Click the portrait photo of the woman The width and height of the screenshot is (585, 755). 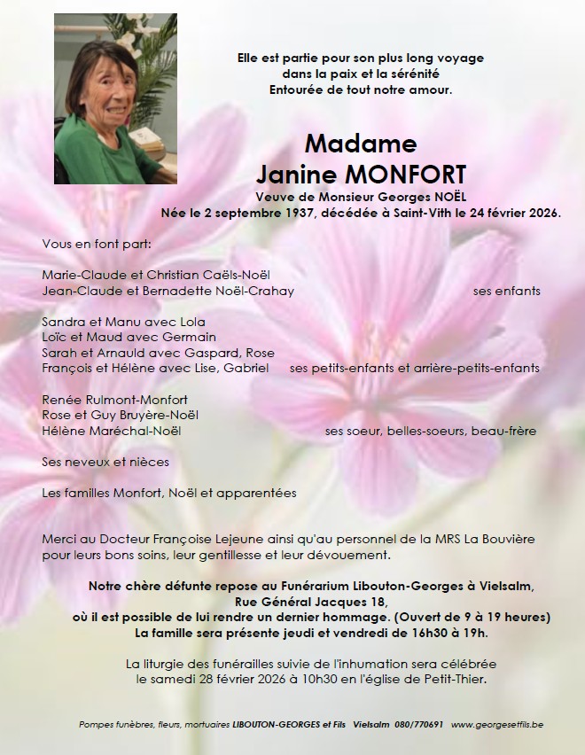click(116, 97)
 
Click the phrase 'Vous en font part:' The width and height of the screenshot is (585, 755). click(97, 244)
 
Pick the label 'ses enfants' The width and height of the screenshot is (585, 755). click(507, 291)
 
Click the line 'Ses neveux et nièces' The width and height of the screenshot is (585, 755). click(105, 462)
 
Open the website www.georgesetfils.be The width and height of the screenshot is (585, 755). click(497, 724)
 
